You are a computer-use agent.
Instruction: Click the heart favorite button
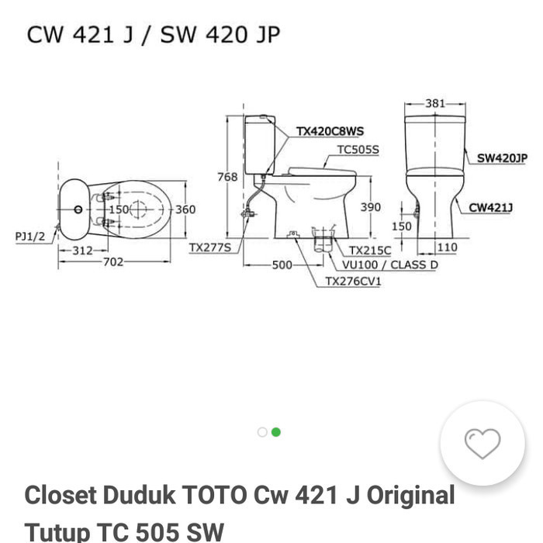[x=482, y=443]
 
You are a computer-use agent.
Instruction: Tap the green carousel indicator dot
[x=276, y=432]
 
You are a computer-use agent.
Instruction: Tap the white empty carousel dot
[x=262, y=432]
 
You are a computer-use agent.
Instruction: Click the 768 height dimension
[x=227, y=177]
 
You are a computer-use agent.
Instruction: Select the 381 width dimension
[x=434, y=103]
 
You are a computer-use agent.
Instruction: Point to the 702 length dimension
[x=115, y=262]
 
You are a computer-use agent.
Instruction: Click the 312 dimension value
[x=82, y=250]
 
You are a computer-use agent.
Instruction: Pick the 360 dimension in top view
[x=185, y=209]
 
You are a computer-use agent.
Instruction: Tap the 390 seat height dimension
[x=371, y=208]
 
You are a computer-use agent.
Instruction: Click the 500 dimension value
[x=282, y=265]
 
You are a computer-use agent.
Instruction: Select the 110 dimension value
[x=447, y=247]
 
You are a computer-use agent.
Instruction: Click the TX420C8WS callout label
[x=330, y=132]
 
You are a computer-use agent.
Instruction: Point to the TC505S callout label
[x=358, y=149]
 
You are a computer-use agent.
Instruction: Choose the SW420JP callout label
[x=501, y=157]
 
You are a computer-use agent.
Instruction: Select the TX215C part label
[x=369, y=251]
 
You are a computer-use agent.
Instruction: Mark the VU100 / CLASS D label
[x=389, y=265]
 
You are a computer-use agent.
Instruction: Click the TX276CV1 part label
[x=353, y=281]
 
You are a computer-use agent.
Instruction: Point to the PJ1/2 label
[x=31, y=235]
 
